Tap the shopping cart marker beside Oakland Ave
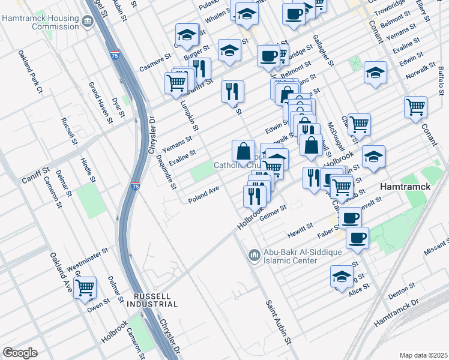[85, 288]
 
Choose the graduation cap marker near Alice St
[342, 277]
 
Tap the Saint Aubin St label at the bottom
[279, 322]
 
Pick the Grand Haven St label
[100, 102]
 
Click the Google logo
[20, 353]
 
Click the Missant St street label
[435, 248]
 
